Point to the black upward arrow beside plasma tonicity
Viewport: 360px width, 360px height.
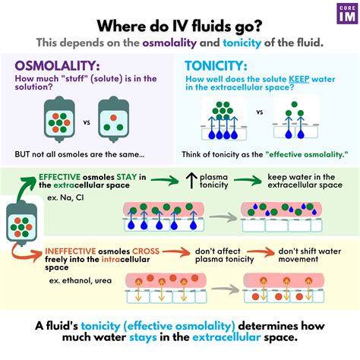pyautogui.click(x=189, y=181)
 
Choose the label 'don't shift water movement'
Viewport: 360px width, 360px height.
pyautogui.click(x=309, y=256)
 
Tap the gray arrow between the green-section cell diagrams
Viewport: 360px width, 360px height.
pyautogui.click(x=225, y=216)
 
